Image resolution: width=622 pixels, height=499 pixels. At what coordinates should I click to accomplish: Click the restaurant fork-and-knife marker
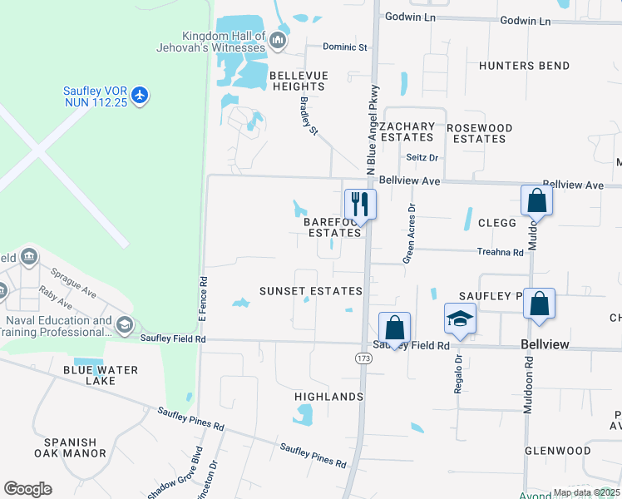point(360,203)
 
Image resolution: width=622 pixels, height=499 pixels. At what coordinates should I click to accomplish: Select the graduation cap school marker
point(460,319)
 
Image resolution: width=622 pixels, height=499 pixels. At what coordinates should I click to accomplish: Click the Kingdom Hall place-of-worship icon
point(278,39)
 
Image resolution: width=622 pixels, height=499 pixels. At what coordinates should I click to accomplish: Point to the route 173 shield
point(363,358)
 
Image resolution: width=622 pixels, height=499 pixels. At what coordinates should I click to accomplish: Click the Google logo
point(27,489)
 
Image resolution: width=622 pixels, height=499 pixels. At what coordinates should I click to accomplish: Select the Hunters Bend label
point(525,66)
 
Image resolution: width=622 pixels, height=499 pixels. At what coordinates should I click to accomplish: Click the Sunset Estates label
point(310,291)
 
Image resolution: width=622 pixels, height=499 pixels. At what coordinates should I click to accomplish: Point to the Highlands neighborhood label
point(328,397)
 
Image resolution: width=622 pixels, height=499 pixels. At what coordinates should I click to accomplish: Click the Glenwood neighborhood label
point(557,451)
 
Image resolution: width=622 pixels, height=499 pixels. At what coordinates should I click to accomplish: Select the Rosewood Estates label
point(479,133)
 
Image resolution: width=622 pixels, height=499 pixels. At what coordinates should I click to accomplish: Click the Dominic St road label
point(345,47)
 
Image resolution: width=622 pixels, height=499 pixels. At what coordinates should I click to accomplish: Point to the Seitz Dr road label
point(422,156)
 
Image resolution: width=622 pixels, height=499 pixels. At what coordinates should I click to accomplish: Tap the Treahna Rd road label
point(500,252)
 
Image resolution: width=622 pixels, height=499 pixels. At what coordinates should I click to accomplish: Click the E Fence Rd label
point(201,299)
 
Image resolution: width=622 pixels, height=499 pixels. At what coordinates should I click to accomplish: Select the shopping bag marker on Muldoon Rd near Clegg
point(536,201)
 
